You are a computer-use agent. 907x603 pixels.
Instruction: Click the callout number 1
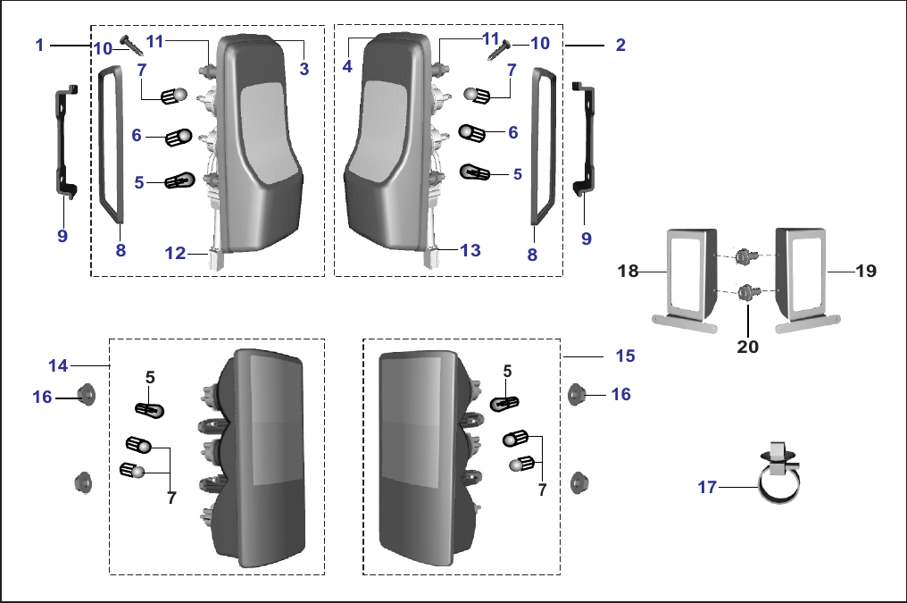click(x=39, y=45)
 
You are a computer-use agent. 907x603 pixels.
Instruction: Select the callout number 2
click(x=620, y=45)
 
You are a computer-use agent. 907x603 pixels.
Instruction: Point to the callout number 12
click(x=175, y=253)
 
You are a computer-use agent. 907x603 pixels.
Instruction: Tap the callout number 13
click(x=470, y=250)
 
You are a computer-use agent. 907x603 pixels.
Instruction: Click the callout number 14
click(x=58, y=365)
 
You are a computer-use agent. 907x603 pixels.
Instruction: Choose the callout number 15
click(x=625, y=356)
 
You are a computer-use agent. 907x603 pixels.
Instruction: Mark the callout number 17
click(x=707, y=487)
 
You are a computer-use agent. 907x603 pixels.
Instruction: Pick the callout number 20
click(x=747, y=346)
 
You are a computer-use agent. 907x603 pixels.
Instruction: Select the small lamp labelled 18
click(x=686, y=281)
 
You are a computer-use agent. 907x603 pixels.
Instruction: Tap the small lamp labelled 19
click(x=808, y=281)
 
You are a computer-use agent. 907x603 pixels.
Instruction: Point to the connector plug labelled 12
click(x=215, y=258)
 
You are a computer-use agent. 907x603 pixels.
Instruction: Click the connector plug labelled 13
click(x=431, y=257)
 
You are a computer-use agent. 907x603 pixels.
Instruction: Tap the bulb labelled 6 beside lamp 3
click(x=179, y=138)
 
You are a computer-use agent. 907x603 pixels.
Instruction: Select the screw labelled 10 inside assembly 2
click(x=498, y=50)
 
